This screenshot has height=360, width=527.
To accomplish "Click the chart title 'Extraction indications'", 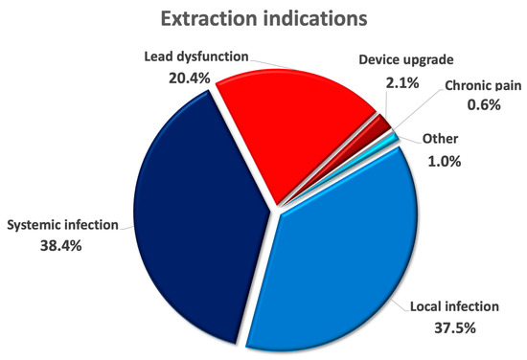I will coord(263,19).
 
